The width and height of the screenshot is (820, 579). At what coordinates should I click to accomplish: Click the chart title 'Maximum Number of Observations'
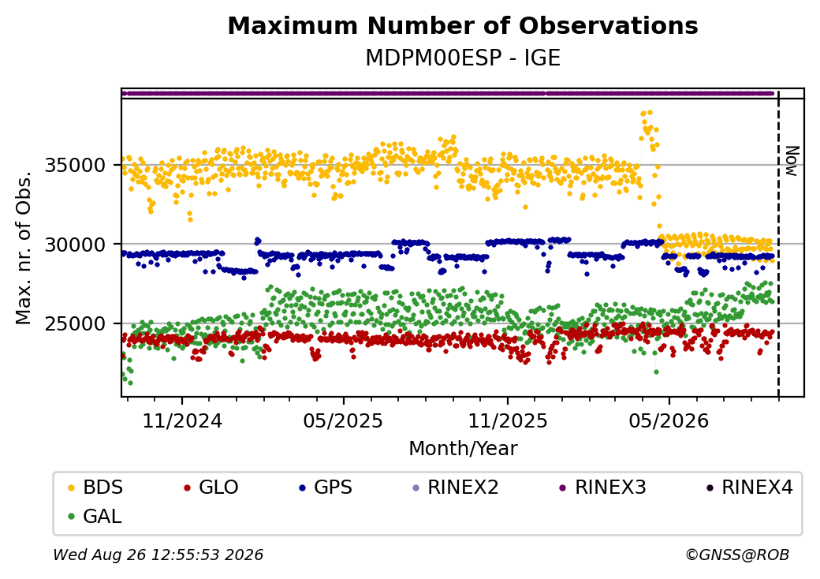(463, 25)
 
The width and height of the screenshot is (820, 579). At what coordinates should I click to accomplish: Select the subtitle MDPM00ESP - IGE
(463, 58)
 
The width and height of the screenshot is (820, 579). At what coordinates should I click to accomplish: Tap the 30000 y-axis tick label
(76, 245)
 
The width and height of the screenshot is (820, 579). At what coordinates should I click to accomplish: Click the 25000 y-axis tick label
(76, 323)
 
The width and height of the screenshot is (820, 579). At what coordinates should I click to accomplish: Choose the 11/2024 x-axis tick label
(182, 420)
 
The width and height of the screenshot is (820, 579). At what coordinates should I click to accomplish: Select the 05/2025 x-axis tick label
(343, 420)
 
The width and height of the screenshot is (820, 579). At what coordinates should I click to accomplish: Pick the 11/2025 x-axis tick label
(507, 420)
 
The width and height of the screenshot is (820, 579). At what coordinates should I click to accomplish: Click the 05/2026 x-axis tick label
(669, 420)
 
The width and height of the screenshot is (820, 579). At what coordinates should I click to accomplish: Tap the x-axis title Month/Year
(463, 448)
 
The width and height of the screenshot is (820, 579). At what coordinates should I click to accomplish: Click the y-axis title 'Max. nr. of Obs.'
(24, 247)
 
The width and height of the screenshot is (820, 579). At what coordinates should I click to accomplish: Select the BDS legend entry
(95, 487)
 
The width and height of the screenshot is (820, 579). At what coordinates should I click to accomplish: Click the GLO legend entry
(211, 487)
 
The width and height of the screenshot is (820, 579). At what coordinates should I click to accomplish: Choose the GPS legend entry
(326, 487)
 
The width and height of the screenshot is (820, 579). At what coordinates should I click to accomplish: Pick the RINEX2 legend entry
(456, 487)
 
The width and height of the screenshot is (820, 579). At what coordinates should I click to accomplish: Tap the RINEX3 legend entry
(603, 487)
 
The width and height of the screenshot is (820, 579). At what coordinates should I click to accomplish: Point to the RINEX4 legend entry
(750, 487)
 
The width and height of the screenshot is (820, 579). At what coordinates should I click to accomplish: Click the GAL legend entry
(95, 516)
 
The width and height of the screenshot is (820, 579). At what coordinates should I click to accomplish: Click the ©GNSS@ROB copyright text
(737, 555)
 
